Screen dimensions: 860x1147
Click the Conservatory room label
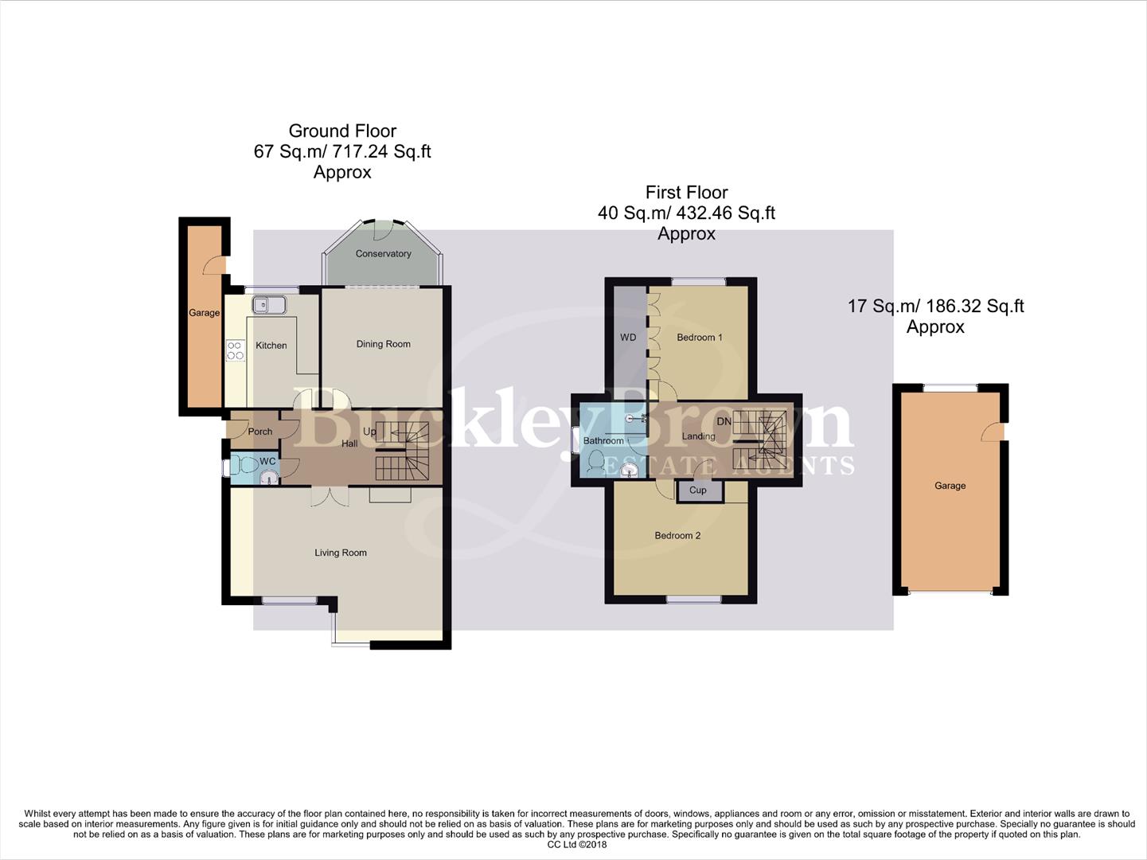pos(383,254)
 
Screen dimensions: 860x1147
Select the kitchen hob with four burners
pos(235,350)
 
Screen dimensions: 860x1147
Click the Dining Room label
pos(383,344)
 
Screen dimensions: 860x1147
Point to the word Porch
pos(260,432)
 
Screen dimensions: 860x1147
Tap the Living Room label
pos(340,553)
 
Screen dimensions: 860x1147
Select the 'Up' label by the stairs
pos(369,432)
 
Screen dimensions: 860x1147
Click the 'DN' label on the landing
pos(724,421)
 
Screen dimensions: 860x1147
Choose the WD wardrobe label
pos(628,338)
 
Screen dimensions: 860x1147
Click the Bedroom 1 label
pos(699,338)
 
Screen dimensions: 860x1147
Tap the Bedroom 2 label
pos(677,536)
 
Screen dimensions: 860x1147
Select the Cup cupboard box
pos(698,491)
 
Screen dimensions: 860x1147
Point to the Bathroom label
pos(603,441)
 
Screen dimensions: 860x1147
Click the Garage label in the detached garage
pos(950,486)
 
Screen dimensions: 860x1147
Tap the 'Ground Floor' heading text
pos(342,131)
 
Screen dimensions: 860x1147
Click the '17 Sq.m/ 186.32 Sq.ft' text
pos(935,307)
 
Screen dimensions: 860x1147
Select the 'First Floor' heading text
pos(686,193)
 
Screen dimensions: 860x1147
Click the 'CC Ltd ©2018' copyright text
pos(577,845)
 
